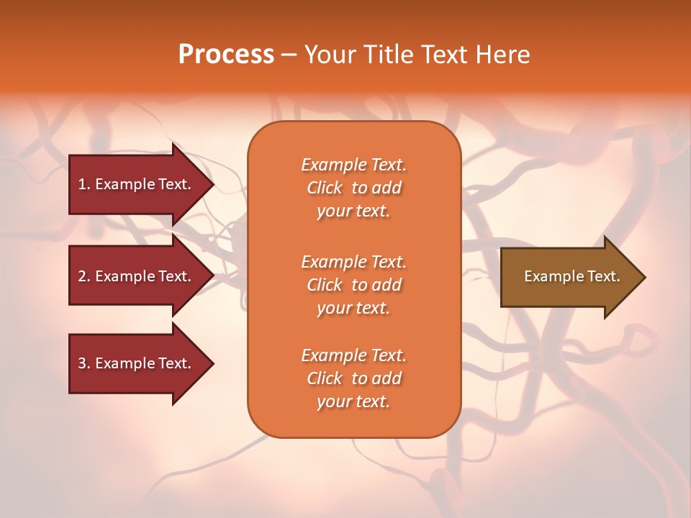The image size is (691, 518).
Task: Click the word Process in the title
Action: pyautogui.click(x=226, y=55)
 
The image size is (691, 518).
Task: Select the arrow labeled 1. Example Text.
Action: pyautogui.click(x=137, y=184)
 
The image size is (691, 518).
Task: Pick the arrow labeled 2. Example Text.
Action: pyautogui.click(x=137, y=276)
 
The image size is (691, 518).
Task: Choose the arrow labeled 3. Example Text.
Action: pyautogui.click(x=137, y=363)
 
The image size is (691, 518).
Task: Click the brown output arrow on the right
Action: pyautogui.click(x=569, y=277)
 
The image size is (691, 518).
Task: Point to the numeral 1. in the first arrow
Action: pyautogui.click(x=84, y=184)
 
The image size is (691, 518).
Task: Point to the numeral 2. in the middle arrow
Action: pyautogui.click(x=84, y=276)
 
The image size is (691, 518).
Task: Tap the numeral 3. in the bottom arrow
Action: pyautogui.click(x=84, y=363)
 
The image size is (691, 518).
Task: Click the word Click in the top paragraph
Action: pyautogui.click(x=325, y=188)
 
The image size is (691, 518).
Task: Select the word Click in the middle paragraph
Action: pyautogui.click(x=325, y=286)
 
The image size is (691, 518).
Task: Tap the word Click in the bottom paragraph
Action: pyautogui.click(x=325, y=379)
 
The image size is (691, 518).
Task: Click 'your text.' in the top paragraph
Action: pyautogui.click(x=353, y=212)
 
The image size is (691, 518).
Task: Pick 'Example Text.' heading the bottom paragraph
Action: pyautogui.click(x=353, y=355)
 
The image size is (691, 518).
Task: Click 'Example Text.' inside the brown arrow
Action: pyautogui.click(x=572, y=276)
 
